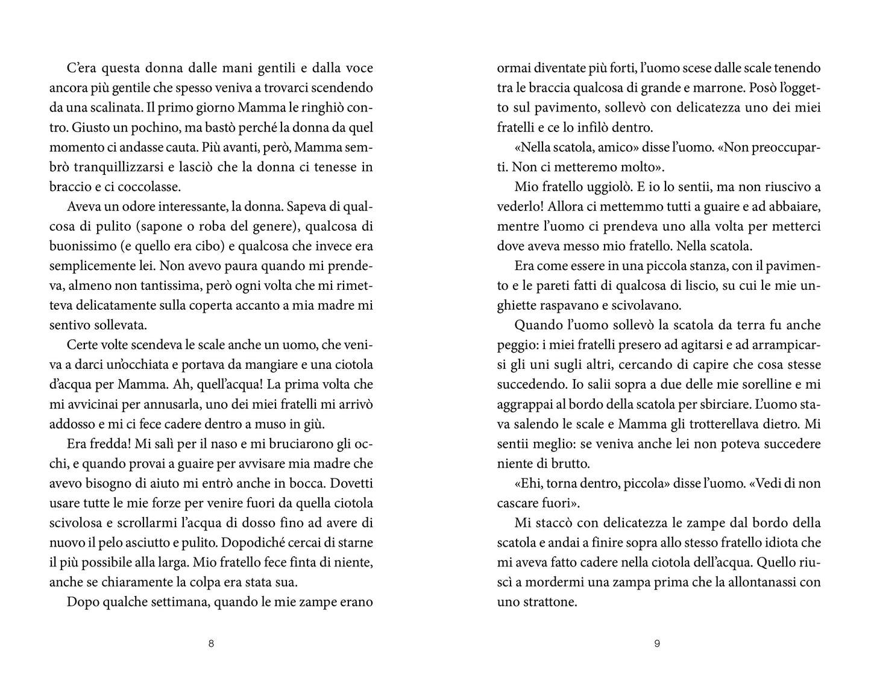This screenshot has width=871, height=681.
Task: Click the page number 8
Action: (x=211, y=644)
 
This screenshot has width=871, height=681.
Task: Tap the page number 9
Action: (x=657, y=644)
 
